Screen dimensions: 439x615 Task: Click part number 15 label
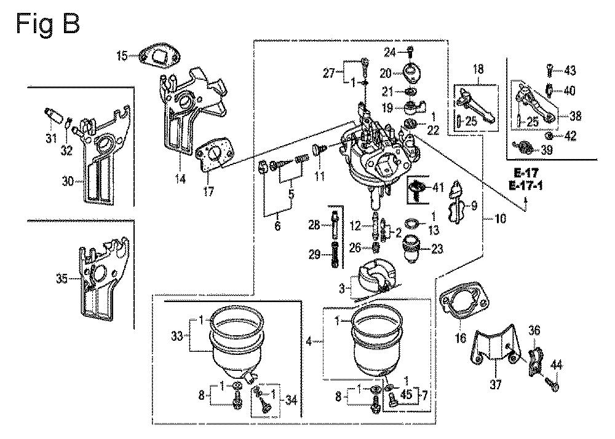click(x=122, y=56)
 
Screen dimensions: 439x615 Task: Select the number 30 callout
click(x=68, y=182)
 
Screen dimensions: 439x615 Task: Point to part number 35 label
click(x=61, y=279)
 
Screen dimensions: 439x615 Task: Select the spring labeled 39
click(x=526, y=149)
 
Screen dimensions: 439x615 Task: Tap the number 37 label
click(x=496, y=385)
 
